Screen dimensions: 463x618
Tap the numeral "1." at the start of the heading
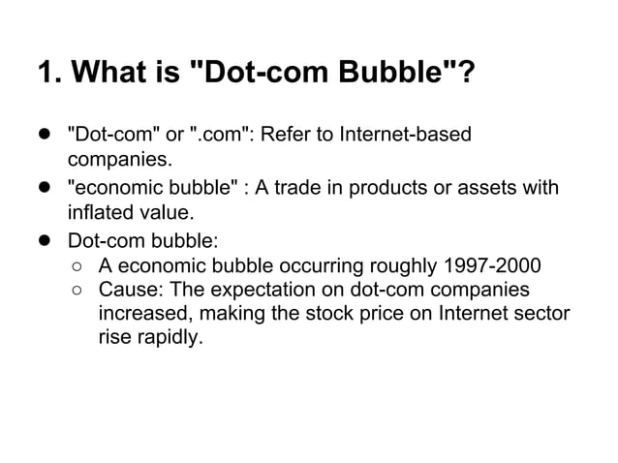46,73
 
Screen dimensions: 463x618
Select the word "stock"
317,313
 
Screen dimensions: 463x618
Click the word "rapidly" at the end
170,337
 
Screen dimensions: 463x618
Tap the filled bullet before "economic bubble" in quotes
45,187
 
